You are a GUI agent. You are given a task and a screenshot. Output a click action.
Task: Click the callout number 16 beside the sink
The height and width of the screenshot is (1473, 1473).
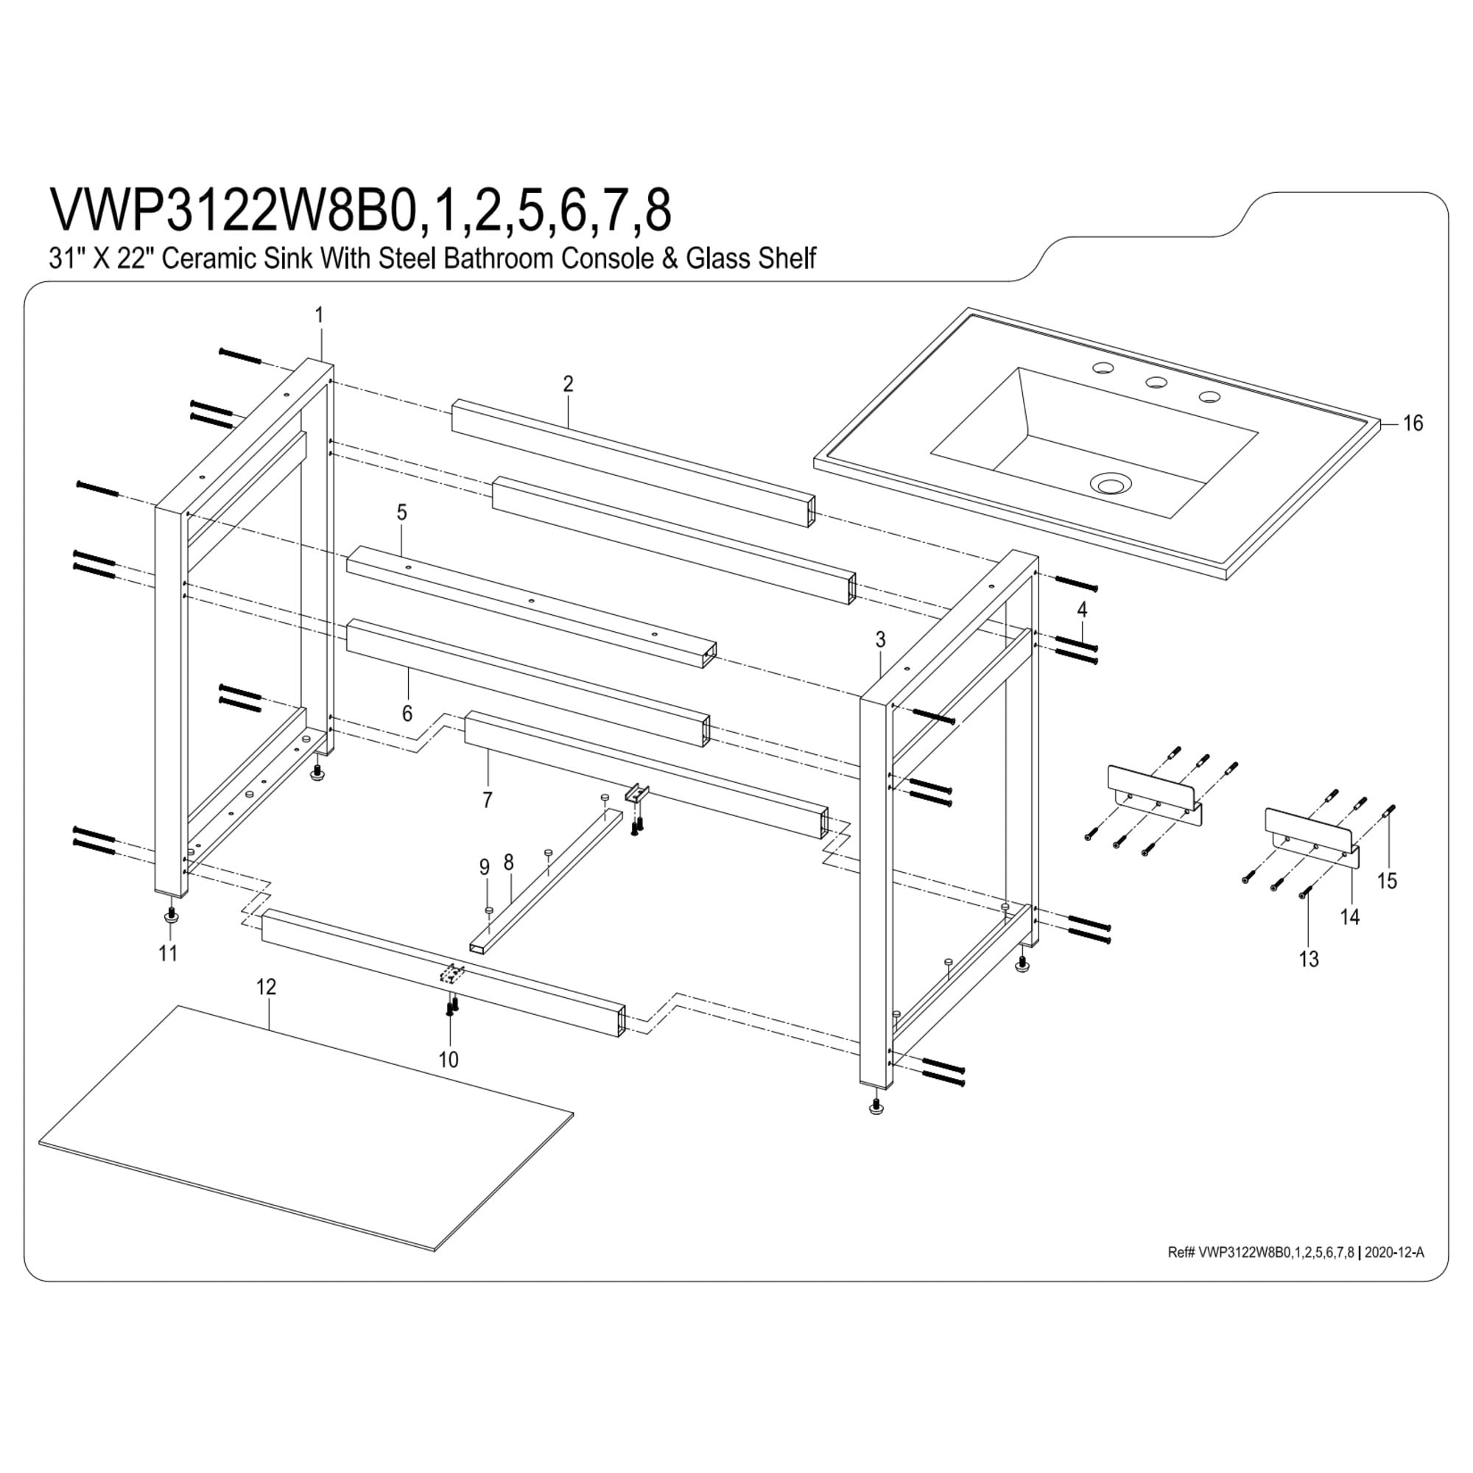(1413, 423)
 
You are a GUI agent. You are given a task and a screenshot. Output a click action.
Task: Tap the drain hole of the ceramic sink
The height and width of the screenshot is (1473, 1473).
(1111, 483)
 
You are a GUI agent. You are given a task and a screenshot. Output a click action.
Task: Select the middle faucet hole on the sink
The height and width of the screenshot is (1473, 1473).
(1156, 382)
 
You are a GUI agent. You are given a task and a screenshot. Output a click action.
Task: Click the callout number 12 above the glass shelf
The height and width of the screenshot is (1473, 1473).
(265, 988)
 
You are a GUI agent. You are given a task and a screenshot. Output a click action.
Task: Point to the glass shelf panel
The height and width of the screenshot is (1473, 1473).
(306, 1139)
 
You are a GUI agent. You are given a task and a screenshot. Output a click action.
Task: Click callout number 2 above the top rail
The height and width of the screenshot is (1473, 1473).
(568, 384)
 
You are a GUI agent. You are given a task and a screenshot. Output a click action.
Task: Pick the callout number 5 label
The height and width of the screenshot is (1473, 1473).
(402, 513)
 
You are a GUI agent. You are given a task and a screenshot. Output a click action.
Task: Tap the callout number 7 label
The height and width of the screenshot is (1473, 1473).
(487, 800)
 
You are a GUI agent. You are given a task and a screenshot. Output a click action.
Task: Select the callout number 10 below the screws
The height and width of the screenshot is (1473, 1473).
(449, 1060)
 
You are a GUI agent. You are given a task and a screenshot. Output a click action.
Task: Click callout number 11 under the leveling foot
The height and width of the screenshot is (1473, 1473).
(168, 953)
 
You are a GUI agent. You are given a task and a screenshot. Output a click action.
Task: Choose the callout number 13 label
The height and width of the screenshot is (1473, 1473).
(1309, 959)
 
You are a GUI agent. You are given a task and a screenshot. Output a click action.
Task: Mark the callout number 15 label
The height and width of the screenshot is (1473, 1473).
(1387, 881)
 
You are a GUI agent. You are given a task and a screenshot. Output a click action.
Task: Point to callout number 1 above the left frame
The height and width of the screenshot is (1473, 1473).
(320, 315)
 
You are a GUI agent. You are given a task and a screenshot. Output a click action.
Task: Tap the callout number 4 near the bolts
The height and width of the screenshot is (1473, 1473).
(1082, 610)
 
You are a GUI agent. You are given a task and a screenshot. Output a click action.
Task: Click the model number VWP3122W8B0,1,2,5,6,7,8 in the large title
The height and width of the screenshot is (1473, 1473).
(361, 210)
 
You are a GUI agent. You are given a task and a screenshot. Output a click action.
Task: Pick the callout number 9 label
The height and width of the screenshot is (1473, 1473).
(484, 868)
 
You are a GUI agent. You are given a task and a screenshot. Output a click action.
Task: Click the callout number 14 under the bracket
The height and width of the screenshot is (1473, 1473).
(1350, 917)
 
